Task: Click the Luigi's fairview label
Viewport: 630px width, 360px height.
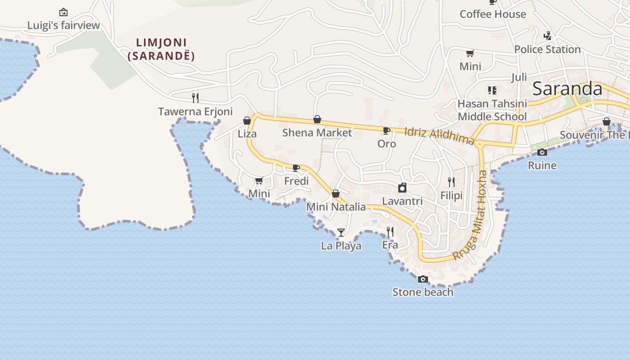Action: (x=63, y=25)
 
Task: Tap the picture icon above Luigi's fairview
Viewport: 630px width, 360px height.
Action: (x=63, y=12)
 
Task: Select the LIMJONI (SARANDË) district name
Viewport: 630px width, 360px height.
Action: (x=162, y=49)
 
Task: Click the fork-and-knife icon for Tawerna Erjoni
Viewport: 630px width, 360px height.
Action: (x=195, y=98)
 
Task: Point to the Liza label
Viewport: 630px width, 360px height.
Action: (x=247, y=134)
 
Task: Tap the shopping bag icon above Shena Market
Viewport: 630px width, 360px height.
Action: (x=317, y=119)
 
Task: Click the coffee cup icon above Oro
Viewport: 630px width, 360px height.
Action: (x=386, y=130)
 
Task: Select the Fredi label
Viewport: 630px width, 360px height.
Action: (x=297, y=181)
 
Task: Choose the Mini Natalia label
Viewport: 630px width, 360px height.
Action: (x=336, y=207)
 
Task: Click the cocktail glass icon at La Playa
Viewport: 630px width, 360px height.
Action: (x=341, y=233)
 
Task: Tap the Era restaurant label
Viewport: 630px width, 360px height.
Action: (x=390, y=245)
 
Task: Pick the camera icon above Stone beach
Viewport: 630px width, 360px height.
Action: (x=423, y=279)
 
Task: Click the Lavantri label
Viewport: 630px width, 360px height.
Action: (x=402, y=201)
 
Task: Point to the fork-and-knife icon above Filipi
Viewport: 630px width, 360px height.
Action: (x=451, y=182)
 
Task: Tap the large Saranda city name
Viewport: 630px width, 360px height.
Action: (x=567, y=89)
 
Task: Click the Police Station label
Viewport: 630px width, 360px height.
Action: (x=547, y=49)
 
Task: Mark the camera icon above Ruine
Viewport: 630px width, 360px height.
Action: (x=542, y=152)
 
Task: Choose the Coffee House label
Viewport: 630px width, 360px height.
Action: (x=493, y=14)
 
